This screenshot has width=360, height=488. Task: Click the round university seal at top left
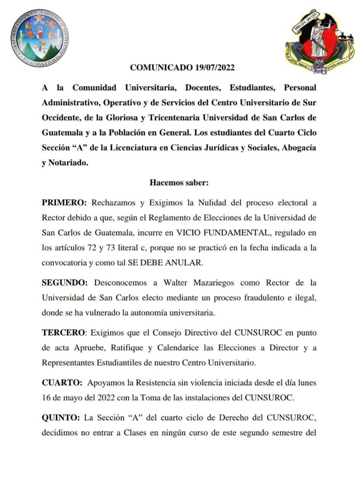40,37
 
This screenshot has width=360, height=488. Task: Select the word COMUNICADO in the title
160,68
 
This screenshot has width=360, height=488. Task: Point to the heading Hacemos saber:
179,182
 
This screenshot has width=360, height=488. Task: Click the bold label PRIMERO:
64,202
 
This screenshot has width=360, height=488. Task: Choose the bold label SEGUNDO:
64,283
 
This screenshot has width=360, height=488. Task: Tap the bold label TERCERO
63,332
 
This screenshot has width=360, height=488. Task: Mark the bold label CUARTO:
62,382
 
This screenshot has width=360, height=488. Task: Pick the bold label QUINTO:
61,417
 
